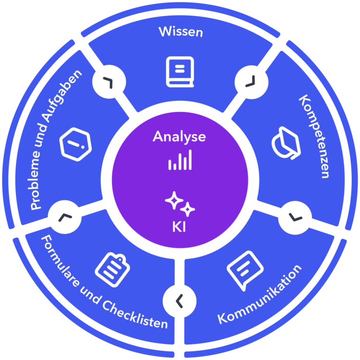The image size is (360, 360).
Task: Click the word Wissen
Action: click(180, 32)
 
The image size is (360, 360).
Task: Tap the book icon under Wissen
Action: click(180, 72)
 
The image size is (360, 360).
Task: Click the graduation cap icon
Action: click(286, 143)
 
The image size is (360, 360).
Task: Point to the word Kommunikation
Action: click(259, 295)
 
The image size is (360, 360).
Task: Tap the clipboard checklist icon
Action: click(112, 270)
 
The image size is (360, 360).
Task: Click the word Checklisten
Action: click(135, 315)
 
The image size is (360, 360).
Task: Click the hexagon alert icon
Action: click(75, 144)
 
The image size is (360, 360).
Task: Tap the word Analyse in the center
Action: click(180, 137)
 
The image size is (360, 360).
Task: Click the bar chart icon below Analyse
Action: click(180, 160)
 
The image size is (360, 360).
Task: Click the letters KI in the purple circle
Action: click(179, 227)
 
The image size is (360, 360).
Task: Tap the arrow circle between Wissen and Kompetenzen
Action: click(252, 82)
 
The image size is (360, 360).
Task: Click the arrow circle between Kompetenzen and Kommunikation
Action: click(295, 217)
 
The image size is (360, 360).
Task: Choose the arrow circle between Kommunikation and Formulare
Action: click(180, 301)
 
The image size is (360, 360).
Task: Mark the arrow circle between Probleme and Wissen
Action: click(109, 82)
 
